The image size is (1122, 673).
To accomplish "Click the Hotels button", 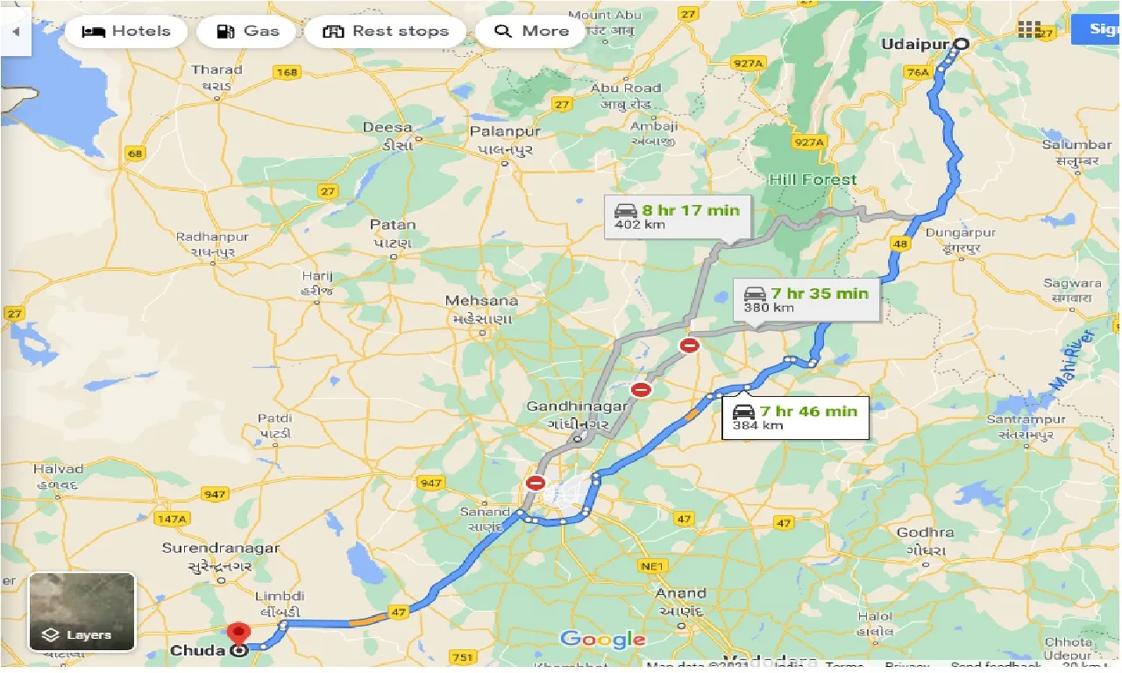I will pos(125,32).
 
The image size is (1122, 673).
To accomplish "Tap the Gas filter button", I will pos(250,32).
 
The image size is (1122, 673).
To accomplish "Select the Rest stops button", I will pos(386,32).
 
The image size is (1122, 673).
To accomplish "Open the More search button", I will pos(531,32).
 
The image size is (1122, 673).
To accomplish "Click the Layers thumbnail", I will pos(82,613).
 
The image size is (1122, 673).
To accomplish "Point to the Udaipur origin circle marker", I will pos(962,44).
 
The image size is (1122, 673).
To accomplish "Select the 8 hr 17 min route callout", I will pos(678,216).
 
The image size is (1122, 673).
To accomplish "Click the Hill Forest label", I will pos(813,180).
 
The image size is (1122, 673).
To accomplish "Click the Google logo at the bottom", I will pos(602,640).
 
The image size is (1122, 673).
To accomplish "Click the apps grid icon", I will pos(1029,29).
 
